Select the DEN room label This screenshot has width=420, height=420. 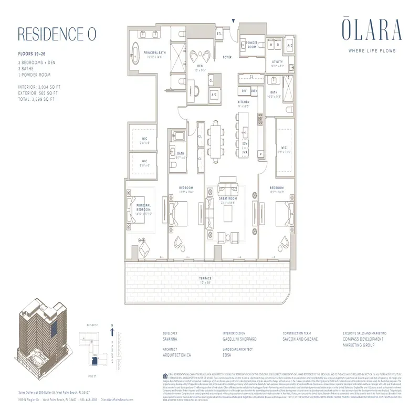(200, 66)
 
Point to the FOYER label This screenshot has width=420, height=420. (227, 57)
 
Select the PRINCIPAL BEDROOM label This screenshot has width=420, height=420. (143, 206)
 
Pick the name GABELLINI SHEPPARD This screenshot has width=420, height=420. (240, 340)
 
